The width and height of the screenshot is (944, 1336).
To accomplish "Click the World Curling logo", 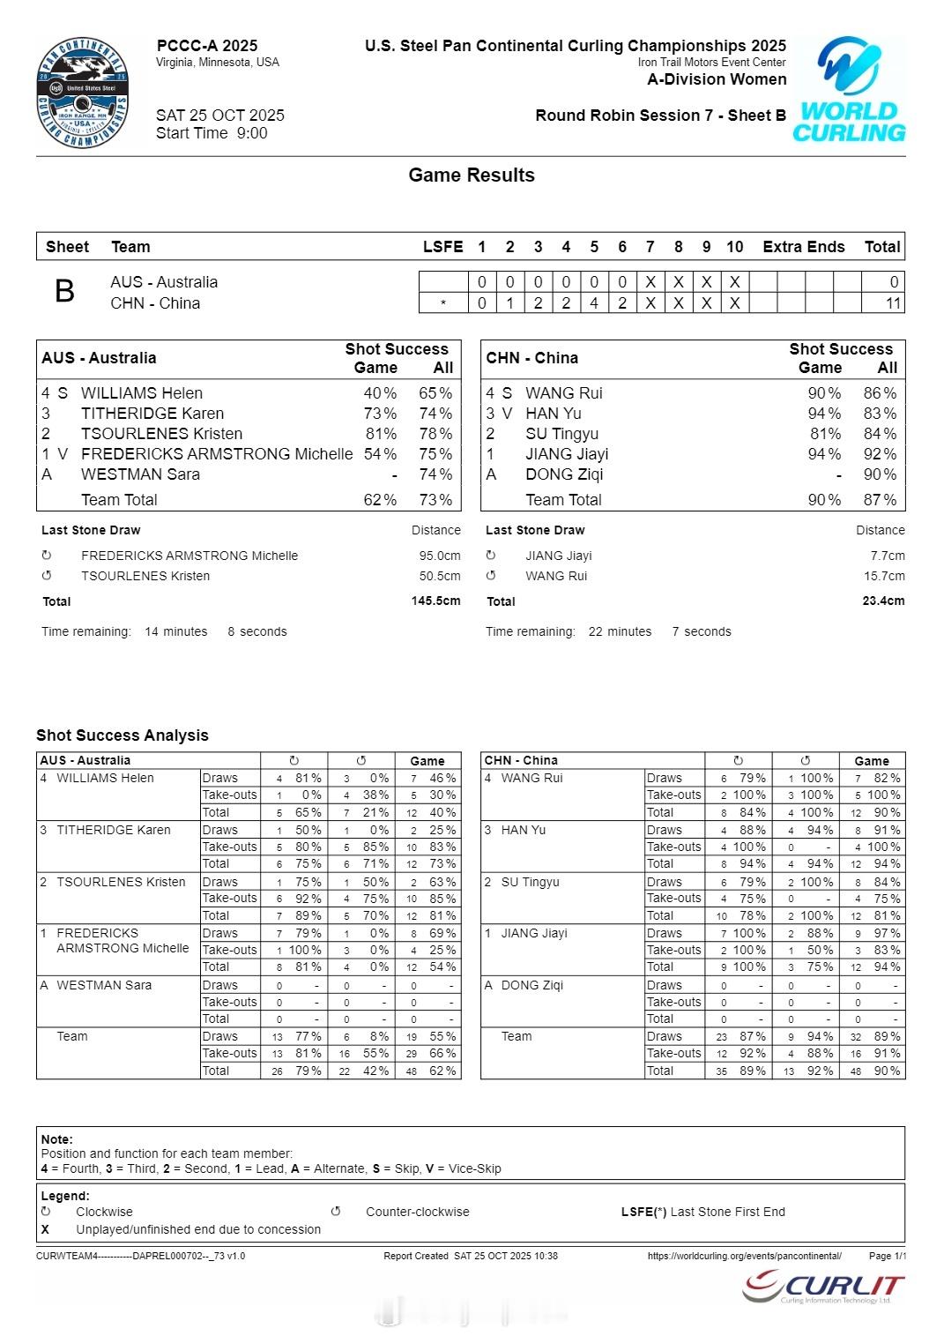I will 849,90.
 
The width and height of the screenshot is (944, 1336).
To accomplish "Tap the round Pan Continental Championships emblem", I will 83,93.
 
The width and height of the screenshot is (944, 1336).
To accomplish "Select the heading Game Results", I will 471,175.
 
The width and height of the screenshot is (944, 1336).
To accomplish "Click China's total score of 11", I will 893,303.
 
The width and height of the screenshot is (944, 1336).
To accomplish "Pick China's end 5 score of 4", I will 594,303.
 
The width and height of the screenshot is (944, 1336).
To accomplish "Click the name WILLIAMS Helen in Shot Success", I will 141,393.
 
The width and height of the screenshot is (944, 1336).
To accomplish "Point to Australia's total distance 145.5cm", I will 435,601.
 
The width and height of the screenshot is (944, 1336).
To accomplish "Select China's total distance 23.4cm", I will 883,601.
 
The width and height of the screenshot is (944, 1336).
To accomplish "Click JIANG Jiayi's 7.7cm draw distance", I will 888,556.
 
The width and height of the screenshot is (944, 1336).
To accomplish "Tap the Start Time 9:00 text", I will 212,133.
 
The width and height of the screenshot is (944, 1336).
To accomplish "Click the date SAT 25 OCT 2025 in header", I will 219,116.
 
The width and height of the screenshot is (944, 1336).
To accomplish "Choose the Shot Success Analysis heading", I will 123,735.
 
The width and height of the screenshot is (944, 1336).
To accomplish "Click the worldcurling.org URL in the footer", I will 744,1256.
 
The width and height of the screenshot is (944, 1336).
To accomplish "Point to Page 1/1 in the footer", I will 887,1256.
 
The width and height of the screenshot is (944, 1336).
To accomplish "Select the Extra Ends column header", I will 803,247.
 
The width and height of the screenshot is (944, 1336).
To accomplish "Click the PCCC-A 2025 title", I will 207,46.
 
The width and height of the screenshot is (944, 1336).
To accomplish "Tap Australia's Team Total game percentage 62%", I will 380,500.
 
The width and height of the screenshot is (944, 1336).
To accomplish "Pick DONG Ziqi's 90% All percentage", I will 880,474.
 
